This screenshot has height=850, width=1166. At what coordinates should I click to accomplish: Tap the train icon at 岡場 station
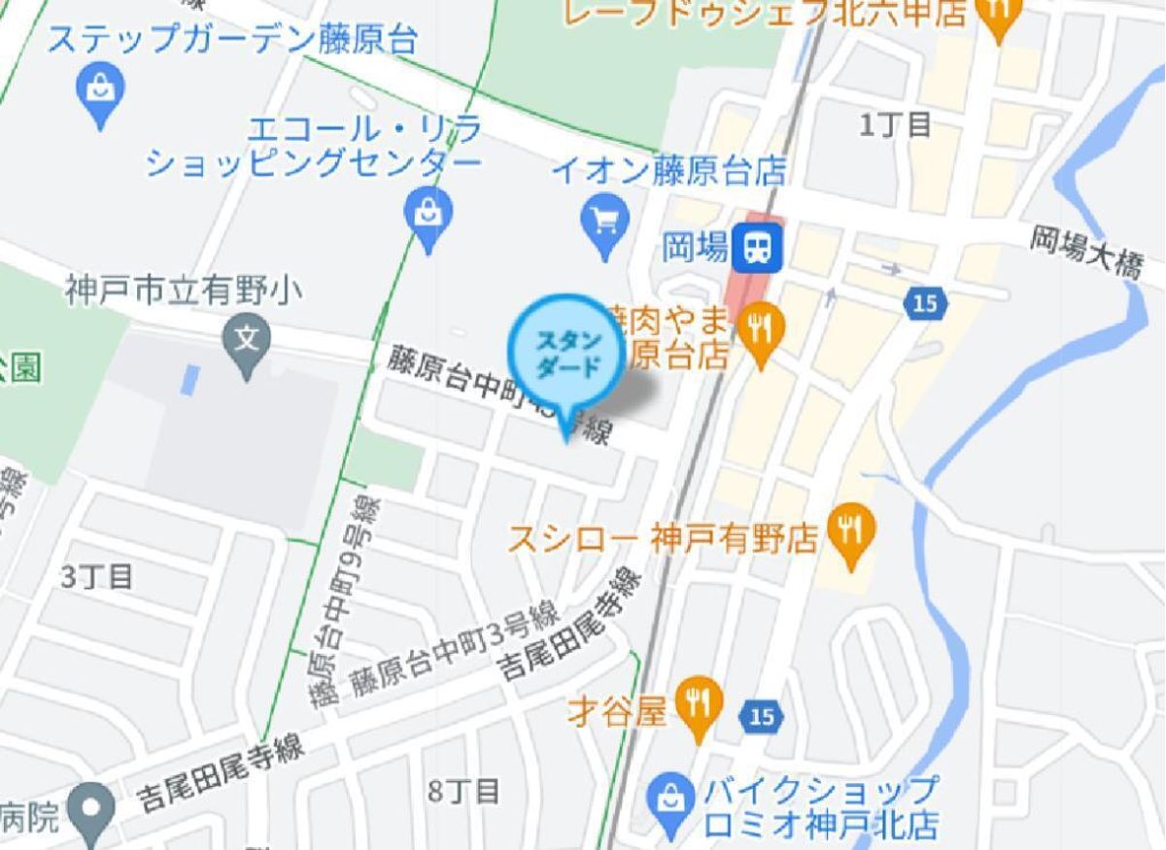pyautogui.click(x=757, y=246)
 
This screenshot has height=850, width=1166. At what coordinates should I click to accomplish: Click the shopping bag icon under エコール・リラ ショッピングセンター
pyautogui.click(x=429, y=211)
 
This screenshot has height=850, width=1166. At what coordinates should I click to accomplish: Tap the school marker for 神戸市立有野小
pyautogui.click(x=248, y=339)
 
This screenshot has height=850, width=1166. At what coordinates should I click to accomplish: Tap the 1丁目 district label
pyautogui.click(x=896, y=124)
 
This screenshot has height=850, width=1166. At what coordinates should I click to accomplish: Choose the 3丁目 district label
pyautogui.click(x=96, y=576)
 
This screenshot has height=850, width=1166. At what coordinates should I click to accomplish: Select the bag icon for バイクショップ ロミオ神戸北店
pyautogui.click(x=670, y=798)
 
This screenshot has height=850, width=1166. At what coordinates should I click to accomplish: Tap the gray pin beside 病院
pyautogui.click(x=92, y=808)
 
